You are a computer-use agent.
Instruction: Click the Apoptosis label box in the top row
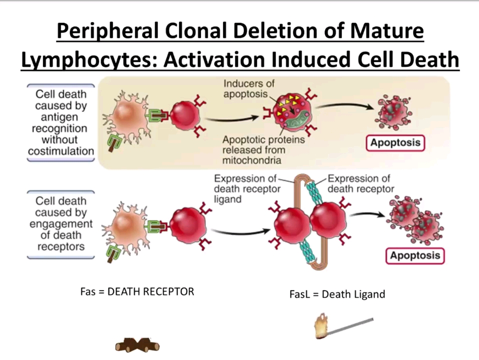point(395,143)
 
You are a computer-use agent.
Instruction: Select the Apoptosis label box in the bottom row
point(415,255)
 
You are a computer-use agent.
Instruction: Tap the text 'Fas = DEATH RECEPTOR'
point(137,291)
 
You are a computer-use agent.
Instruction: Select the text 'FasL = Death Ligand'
point(337,294)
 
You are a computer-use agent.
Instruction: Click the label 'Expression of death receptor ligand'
point(246,189)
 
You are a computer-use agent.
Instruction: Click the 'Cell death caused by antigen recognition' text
point(61,122)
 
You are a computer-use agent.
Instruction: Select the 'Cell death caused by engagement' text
point(61,223)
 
